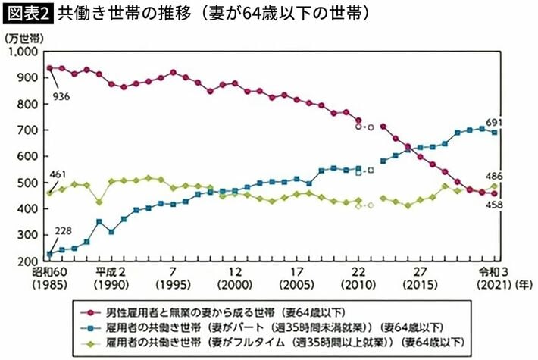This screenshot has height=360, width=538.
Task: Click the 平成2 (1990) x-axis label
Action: pyautogui.click(x=110, y=278)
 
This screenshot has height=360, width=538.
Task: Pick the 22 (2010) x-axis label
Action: pyautogui.click(x=358, y=278)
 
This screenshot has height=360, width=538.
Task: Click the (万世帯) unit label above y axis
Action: pyautogui.click(x=19, y=37)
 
